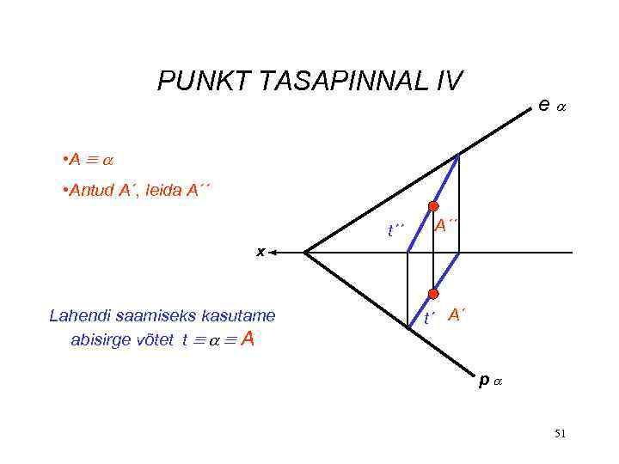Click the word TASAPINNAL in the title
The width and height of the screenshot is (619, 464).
(x=333, y=82)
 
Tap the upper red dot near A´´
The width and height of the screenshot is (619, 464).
(x=433, y=208)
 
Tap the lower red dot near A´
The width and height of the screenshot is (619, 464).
(x=433, y=295)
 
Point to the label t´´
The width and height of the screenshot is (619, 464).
(x=395, y=229)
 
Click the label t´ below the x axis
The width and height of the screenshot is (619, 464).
(x=429, y=320)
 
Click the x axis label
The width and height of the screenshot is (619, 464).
(x=261, y=252)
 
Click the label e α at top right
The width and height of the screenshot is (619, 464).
(x=550, y=105)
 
